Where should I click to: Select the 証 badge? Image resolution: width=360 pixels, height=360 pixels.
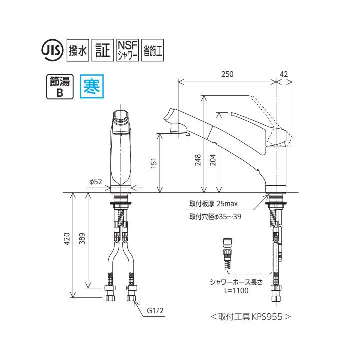(102, 50)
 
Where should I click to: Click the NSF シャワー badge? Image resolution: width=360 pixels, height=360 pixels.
(127, 50)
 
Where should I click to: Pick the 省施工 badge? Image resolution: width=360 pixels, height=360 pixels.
(154, 50)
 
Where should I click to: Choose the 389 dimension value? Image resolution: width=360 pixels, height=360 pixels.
(83, 240)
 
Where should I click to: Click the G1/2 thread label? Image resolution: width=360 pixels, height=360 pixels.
(156, 311)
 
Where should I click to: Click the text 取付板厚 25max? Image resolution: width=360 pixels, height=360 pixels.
(213, 204)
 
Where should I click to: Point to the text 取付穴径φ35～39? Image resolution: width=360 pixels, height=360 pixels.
(216, 217)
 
